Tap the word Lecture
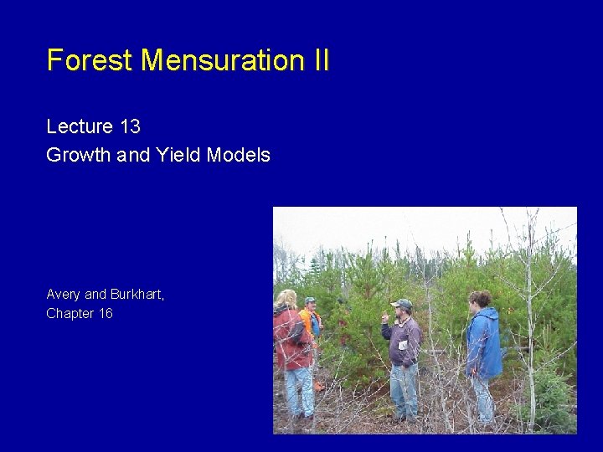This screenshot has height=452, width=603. (80, 126)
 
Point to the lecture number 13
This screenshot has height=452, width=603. (130, 126)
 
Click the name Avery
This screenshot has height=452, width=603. (64, 295)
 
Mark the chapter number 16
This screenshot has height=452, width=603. (105, 314)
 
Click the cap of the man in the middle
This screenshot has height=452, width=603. (403, 303)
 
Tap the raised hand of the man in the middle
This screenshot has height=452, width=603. (384, 319)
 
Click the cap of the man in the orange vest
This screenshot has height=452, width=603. (310, 300)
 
